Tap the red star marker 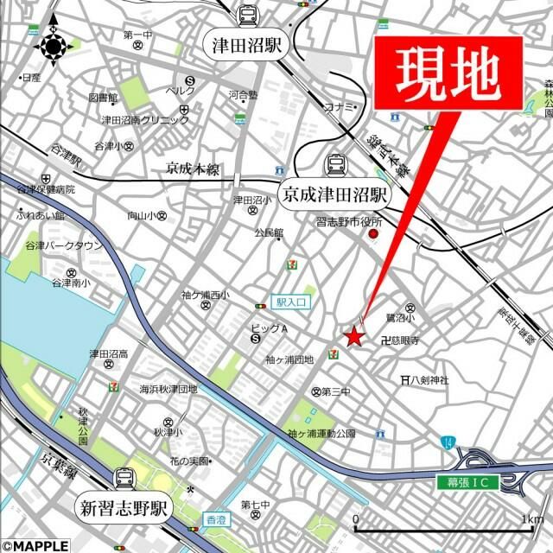click(353, 337)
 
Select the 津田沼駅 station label click(247, 46)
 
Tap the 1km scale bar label click(531, 518)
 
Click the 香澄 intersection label click(215, 519)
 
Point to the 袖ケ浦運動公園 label click(321, 433)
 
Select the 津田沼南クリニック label click(145, 119)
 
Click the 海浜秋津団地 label click(169, 389)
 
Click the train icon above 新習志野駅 click(124, 478)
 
